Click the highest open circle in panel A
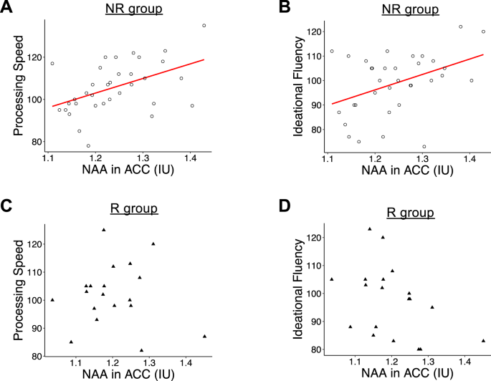[x=204, y=25]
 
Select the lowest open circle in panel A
[x=88, y=145]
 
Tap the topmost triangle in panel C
[x=104, y=230]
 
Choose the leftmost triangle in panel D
[x=331, y=279]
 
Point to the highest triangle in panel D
[x=370, y=229]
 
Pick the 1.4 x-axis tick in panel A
[x=190, y=158]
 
